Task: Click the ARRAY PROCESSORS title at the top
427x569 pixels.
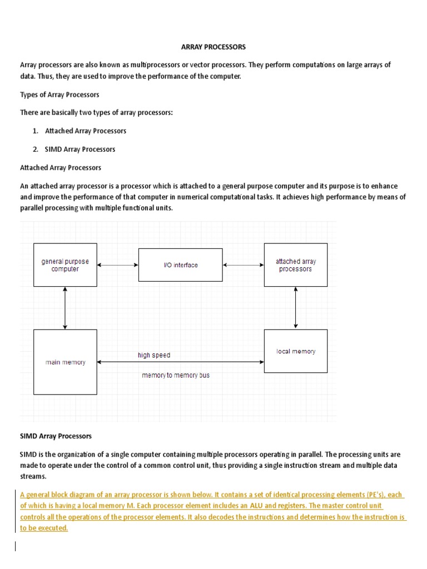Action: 213,47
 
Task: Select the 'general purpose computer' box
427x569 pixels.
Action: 65,265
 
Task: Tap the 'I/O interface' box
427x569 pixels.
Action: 180,265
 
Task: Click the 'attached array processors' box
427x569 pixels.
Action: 295,265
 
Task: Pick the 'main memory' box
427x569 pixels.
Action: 65,362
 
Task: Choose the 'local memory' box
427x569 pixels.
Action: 295,351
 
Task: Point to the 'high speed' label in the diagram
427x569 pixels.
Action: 154,355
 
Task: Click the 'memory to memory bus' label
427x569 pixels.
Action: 176,376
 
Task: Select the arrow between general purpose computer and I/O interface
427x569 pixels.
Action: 117,265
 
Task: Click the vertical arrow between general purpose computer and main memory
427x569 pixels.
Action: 65,308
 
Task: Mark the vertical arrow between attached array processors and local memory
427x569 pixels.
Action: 295,308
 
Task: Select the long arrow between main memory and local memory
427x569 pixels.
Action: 180,362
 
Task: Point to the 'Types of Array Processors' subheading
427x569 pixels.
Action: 59,95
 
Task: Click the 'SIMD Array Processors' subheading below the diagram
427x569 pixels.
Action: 56,436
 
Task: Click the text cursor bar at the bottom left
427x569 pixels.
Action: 16,546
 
